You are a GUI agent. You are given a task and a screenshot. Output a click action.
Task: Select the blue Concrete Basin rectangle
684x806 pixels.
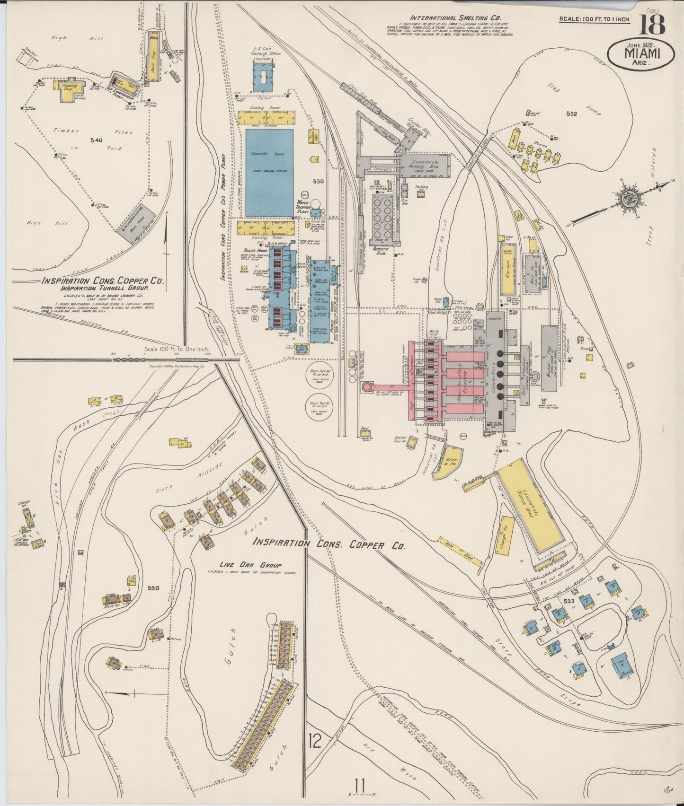coord(269,172)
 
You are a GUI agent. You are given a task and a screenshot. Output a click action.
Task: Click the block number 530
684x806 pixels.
coord(318,181)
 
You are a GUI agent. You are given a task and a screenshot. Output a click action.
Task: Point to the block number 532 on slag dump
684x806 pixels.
coord(571,114)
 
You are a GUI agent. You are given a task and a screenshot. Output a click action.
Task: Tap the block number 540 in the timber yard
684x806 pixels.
coord(96,140)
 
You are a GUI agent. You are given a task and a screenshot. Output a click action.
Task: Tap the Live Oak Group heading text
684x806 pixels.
coord(250,565)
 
